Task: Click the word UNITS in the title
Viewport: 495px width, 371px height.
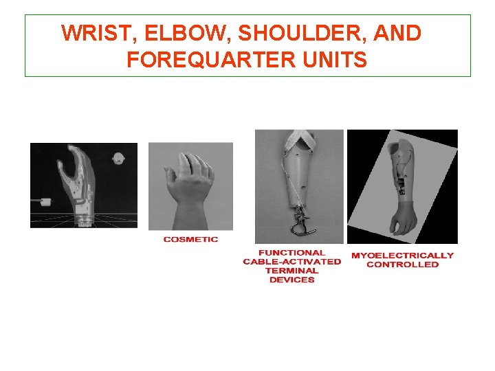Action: coord(333,60)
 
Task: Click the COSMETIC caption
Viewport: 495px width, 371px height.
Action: coord(190,239)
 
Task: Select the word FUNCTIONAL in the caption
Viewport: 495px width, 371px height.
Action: coord(291,253)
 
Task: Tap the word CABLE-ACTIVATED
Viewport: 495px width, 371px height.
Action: coord(291,262)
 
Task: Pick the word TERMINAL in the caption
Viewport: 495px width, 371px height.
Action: coord(291,271)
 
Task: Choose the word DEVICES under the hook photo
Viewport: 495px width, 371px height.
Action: coord(291,280)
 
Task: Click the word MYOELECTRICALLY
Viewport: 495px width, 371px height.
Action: coord(402,256)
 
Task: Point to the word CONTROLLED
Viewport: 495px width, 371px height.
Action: coord(402,265)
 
